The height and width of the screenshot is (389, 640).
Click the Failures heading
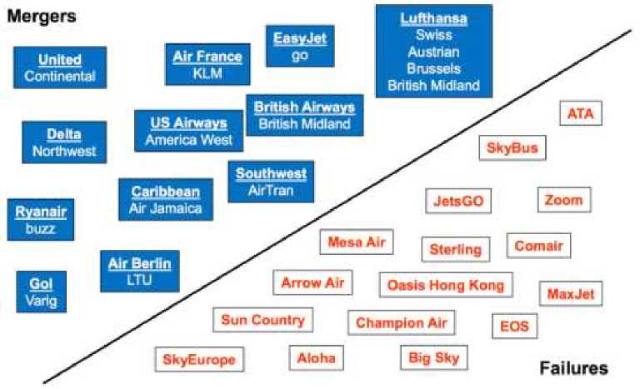[573, 367]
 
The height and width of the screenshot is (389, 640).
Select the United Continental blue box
[60, 67]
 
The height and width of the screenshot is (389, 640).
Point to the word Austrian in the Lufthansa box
[433, 52]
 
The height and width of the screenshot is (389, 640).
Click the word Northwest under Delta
[64, 152]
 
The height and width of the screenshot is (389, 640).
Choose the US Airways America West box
[188, 131]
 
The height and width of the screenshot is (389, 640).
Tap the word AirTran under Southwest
[271, 190]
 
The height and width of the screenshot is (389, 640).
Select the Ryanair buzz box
[40, 219]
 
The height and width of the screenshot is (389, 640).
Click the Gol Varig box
[41, 292]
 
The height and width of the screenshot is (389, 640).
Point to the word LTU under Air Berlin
[139, 280]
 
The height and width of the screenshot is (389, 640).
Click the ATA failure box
[580, 113]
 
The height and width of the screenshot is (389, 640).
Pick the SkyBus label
[512, 148]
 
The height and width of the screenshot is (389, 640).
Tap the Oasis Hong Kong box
[446, 285]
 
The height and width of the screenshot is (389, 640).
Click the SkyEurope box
[199, 360]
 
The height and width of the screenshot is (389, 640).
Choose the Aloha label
[317, 358]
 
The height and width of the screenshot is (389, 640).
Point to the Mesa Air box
[357, 242]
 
